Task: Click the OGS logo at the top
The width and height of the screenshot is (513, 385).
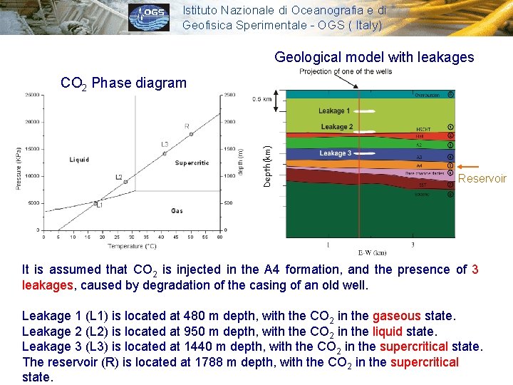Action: [x=150, y=17]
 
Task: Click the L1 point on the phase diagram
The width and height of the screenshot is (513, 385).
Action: [x=95, y=203]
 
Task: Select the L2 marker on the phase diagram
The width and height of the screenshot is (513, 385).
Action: [x=125, y=182]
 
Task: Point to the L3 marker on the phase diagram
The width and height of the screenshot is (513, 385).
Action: [x=164, y=153]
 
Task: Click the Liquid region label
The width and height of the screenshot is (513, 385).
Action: [x=79, y=160]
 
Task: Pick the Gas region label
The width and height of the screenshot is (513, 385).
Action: [x=177, y=210]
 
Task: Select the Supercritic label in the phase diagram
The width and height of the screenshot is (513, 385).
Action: [x=192, y=163]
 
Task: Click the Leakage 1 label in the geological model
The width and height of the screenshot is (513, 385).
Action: [x=334, y=111]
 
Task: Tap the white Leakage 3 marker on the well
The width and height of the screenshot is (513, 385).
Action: [x=363, y=153]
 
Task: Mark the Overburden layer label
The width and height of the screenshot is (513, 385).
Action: [x=427, y=94]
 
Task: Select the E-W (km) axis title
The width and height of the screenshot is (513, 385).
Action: [x=371, y=252]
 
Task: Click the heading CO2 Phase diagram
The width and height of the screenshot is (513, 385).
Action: [x=123, y=83]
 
